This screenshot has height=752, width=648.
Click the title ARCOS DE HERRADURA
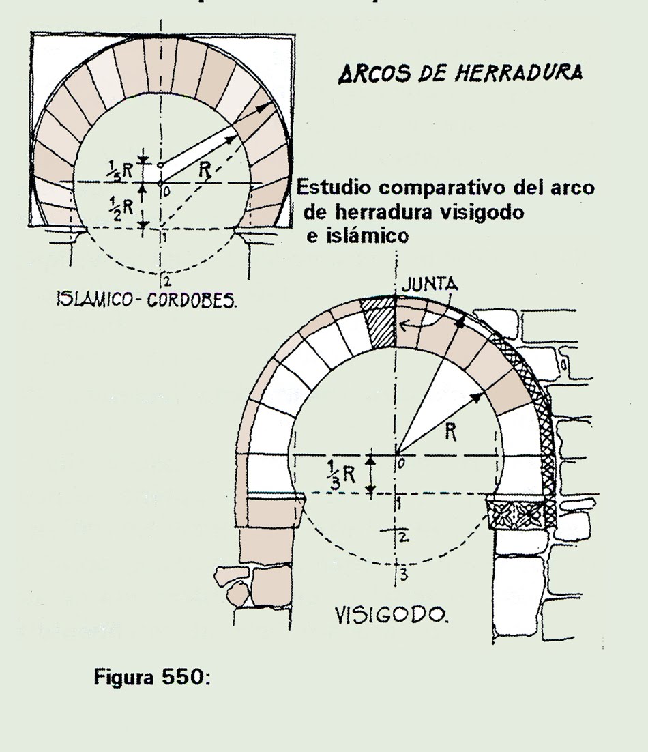pos(460,73)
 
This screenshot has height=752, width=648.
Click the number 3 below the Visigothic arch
pos(404,575)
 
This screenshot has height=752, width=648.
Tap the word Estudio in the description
pos(335,188)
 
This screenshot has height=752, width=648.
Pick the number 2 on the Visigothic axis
pos(404,536)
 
